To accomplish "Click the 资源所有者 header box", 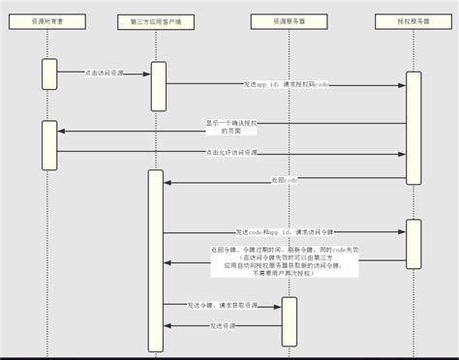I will [49, 20].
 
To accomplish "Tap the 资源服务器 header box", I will [288, 20].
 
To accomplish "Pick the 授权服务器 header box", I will [413, 20].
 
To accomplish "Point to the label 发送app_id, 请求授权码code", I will [286, 85].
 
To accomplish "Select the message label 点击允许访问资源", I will [231, 152].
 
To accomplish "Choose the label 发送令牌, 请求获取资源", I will [223, 305].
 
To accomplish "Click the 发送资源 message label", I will [223, 326].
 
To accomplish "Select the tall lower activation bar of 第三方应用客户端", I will [155, 259].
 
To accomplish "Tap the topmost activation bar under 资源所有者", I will [49, 75].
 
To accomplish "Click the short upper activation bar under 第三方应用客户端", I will [159, 86].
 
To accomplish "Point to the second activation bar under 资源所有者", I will [49, 144].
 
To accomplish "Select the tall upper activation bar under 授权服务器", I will [413, 127].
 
